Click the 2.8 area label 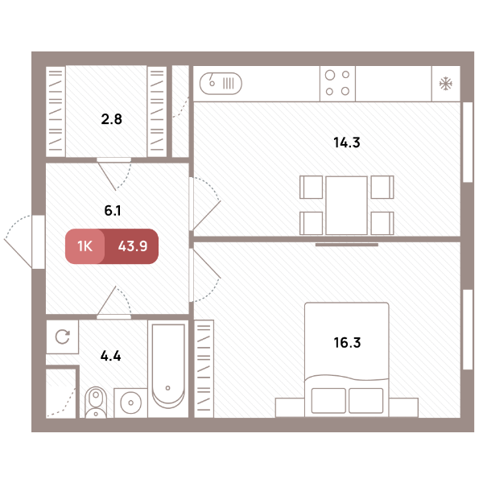click(112, 119)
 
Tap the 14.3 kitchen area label click(347, 142)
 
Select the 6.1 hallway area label click(113, 211)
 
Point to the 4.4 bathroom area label click(110, 356)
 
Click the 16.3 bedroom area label click(347, 343)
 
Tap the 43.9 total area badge click(133, 246)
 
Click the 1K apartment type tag click(85, 246)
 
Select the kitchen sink click(221, 84)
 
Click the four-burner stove click(337, 84)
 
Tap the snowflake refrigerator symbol click(446, 84)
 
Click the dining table click(346, 205)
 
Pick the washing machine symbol click(63, 336)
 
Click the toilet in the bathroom click(96, 402)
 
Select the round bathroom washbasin click(131, 402)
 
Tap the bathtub click(168, 369)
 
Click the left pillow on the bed click(328, 400)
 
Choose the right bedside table click(403, 407)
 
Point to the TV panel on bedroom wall click(347, 245)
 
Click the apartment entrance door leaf click(18, 253)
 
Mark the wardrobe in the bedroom click(204, 369)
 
